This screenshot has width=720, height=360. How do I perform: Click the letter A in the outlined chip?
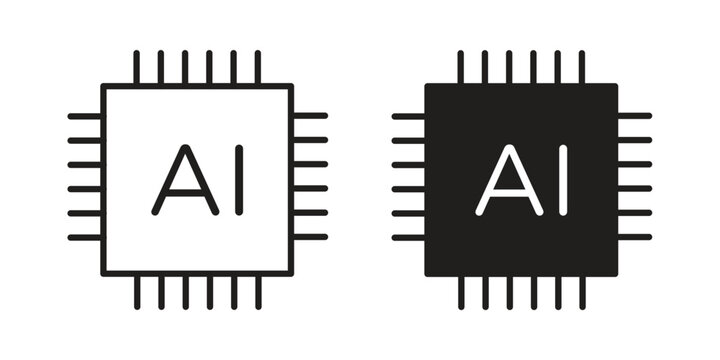tap(185, 180)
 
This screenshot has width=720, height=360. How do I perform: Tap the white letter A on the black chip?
tap(510, 180)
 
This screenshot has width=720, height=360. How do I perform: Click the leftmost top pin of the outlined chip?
tap(137, 68)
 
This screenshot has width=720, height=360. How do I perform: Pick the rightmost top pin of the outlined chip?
tap(258, 68)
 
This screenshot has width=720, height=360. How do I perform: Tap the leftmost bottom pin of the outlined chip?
tap(137, 292)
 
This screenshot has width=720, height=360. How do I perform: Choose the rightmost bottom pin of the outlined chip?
tap(258, 292)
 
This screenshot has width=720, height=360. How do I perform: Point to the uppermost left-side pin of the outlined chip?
tap(84, 116)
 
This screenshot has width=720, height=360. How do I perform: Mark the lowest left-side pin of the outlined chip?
tap(84, 237)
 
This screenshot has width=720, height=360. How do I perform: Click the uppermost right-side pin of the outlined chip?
tap(311, 116)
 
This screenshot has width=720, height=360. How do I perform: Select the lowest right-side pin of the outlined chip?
tap(311, 237)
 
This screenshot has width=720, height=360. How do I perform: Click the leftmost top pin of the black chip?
tap(461, 68)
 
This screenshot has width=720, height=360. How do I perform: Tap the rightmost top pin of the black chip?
tap(582, 68)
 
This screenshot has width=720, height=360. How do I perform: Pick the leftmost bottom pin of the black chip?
tap(461, 292)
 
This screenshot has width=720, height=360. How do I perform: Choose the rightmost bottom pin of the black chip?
tap(582, 292)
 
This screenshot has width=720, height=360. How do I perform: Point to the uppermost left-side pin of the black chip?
tap(408, 116)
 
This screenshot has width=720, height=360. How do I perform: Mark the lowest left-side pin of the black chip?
tap(408, 237)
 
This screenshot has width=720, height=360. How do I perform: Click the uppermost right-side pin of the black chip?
tap(635, 116)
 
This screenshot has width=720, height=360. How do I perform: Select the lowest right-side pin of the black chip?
tap(635, 237)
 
